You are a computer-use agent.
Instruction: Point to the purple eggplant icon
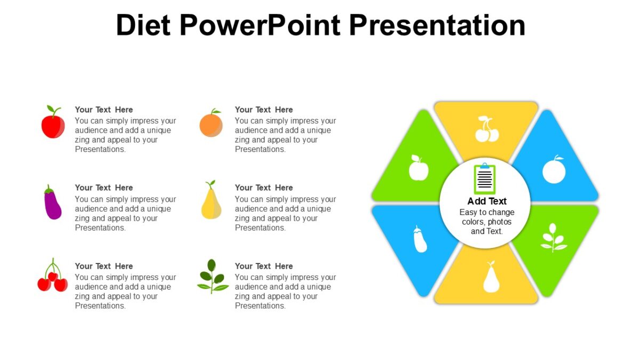[52, 203]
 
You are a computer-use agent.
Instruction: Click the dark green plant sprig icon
[212, 277]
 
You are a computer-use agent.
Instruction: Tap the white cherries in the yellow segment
[486, 130]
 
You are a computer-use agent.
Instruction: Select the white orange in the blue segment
[554, 170]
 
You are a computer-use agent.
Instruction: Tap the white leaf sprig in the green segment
[554, 238]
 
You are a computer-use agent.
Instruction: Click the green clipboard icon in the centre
[485, 179]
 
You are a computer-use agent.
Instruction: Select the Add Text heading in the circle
[487, 201]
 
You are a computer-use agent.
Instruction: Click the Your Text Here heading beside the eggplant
[104, 188]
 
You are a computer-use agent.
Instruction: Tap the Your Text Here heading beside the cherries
[104, 266]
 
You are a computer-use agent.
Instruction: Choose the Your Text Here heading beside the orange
[264, 110]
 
